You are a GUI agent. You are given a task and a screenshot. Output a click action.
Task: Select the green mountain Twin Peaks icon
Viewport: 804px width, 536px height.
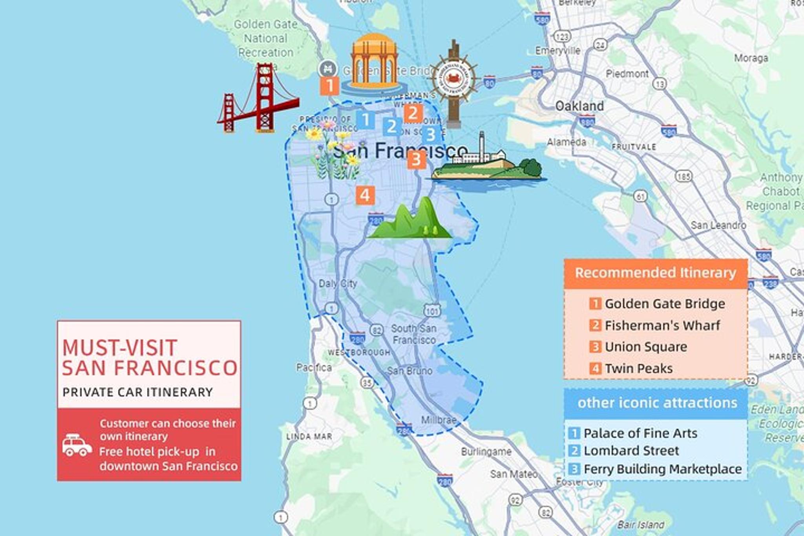click(x=411, y=220)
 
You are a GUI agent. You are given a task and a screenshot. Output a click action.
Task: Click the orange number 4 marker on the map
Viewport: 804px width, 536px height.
click(x=365, y=195)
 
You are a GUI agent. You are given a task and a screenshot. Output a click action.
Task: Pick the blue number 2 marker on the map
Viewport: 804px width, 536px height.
click(x=391, y=126)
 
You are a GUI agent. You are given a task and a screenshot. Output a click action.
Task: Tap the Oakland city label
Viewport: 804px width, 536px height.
click(x=579, y=106)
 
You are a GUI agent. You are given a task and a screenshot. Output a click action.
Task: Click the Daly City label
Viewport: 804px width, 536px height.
click(x=338, y=283)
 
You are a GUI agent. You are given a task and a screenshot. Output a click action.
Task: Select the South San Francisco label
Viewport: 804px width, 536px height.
click(x=414, y=334)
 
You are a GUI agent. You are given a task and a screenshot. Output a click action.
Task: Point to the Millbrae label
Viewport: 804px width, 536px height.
click(x=439, y=420)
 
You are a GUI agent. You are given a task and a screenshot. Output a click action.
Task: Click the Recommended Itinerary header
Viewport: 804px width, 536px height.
click(x=655, y=273)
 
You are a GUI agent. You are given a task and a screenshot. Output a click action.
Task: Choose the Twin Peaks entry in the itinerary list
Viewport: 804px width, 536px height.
click(x=638, y=368)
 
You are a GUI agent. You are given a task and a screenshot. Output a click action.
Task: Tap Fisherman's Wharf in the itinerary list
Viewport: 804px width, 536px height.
click(x=662, y=325)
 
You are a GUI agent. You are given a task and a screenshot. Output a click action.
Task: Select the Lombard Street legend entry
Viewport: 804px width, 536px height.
click(x=631, y=450)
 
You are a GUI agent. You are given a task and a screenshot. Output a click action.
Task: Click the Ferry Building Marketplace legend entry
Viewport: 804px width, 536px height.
click(x=662, y=469)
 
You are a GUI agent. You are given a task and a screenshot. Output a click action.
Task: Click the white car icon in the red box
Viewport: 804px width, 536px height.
click(x=77, y=445)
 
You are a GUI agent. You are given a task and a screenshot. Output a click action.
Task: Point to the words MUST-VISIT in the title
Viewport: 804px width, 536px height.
click(x=120, y=348)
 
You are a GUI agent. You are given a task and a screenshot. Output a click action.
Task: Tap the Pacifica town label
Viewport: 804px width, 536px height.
click(x=314, y=368)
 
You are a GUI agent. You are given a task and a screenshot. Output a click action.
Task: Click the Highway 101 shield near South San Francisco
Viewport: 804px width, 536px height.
click(x=432, y=311)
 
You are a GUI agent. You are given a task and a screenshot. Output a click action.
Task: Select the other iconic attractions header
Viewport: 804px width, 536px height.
click(x=657, y=403)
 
